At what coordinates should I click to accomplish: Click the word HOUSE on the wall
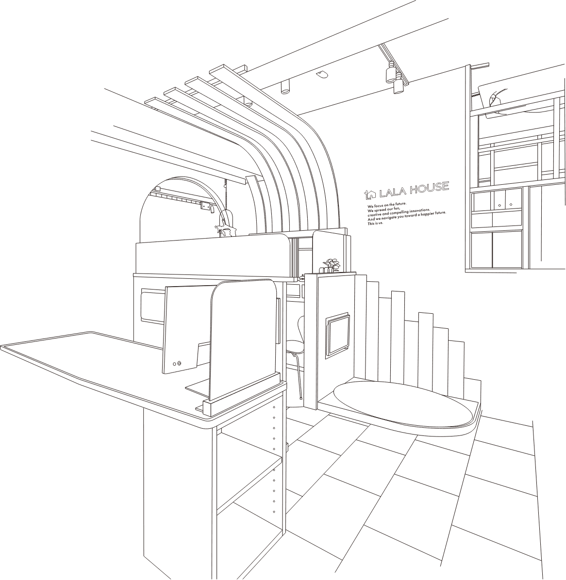click(429, 188)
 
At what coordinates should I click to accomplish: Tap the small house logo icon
click(370, 194)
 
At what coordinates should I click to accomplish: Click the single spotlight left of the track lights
click(285, 87)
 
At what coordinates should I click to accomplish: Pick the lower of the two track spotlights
click(398, 86)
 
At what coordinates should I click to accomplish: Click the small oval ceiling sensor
click(321, 74)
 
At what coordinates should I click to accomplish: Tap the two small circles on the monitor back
click(177, 363)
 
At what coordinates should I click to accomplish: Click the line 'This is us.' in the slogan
click(375, 224)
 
